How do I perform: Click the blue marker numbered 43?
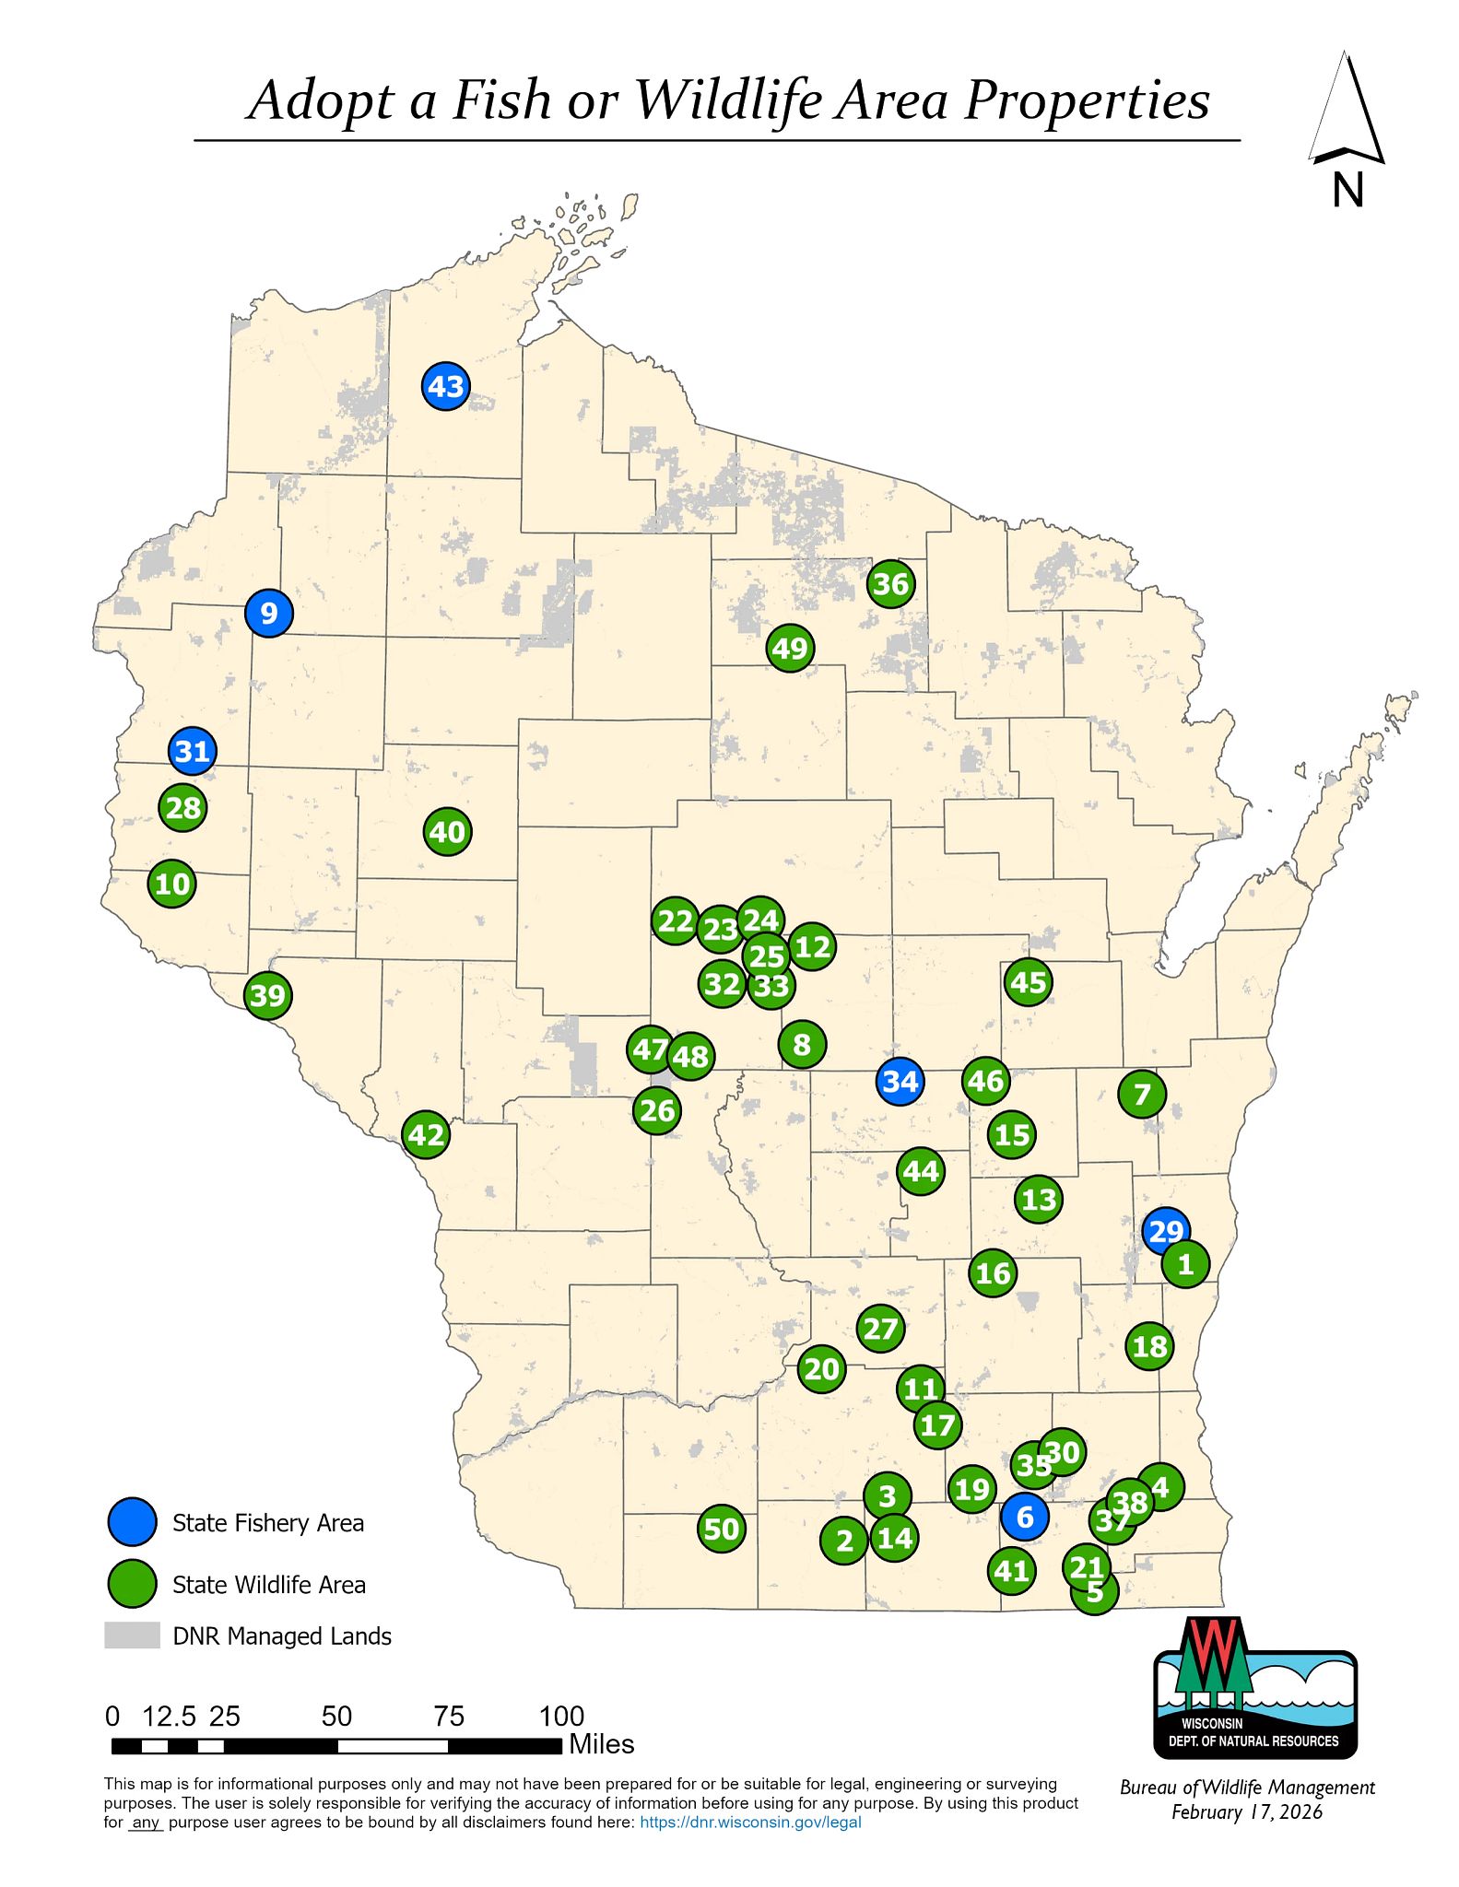(446, 387)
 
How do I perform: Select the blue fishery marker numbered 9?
(269, 613)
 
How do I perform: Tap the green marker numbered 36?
(891, 584)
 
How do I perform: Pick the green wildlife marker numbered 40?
(448, 832)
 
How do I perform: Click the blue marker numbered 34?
(900, 1081)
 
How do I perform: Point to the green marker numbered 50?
(722, 1530)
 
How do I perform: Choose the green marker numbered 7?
(1142, 1095)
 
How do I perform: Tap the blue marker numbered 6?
(1025, 1517)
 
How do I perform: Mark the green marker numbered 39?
(268, 996)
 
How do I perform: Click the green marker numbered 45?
(1029, 983)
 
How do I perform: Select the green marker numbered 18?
(1149, 1347)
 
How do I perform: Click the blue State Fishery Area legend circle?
(133, 1522)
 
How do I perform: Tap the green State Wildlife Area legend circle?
(133, 1584)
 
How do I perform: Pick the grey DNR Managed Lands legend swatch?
(132, 1635)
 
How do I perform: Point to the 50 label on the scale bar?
(336, 1716)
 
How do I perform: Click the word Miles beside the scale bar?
(602, 1744)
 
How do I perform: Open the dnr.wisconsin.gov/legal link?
(750, 1822)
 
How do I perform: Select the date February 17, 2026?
(1247, 1812)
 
